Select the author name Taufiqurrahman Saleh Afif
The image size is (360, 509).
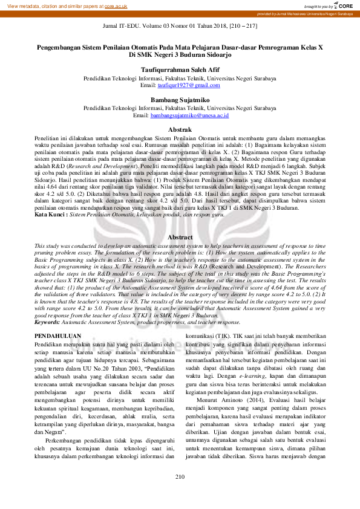click(180, 70)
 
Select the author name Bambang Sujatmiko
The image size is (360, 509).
click(180, 99)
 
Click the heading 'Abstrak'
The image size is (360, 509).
click(180, 130)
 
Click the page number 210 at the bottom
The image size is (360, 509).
click(180, 494)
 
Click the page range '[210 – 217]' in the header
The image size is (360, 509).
click(240, 28)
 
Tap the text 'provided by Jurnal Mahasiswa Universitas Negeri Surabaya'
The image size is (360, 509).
click(305, 13)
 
